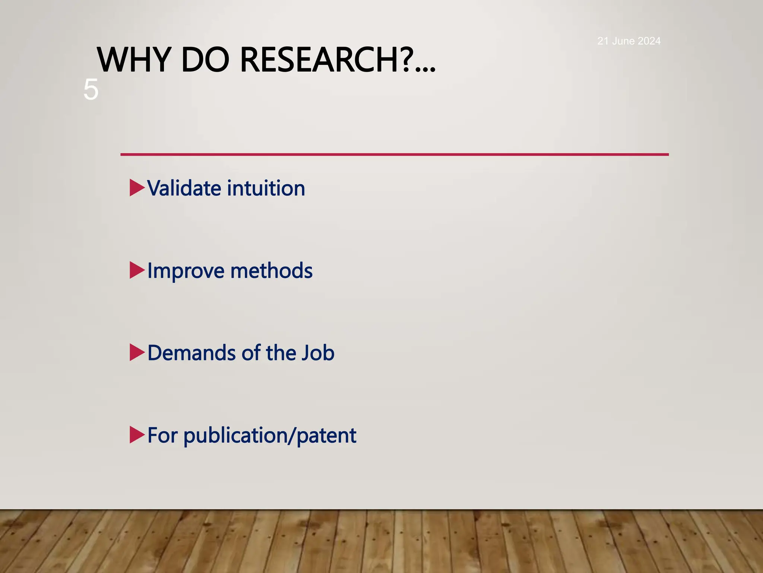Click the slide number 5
click(91, 90)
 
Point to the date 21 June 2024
click(629, 41)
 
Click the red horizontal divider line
click(394, 154)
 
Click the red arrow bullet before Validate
click(136, 188)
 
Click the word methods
click(271, 271)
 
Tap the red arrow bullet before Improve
click(136, 270)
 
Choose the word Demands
click(191, 353)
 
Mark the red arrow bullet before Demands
click(136, 353)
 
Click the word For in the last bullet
click(162, 435)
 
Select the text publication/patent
click(270, 436)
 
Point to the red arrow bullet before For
click(136, 435)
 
